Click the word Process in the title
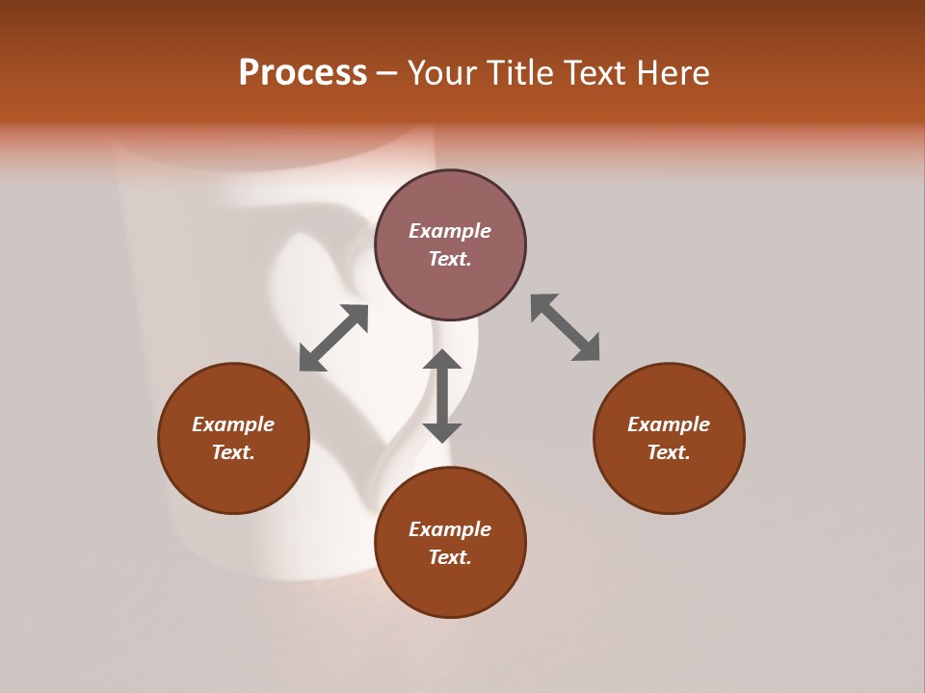[303, 73]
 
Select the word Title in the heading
[521, 73]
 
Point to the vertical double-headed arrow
[442, 396]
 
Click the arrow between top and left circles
[333, 338]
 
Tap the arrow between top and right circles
[566, 327]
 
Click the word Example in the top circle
[450, 231]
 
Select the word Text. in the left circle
[233, 452]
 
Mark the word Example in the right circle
[669, 424]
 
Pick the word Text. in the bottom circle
[450, 557]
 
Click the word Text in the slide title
[595, 73]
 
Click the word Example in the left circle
[233, 424]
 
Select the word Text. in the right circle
[669, 452]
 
